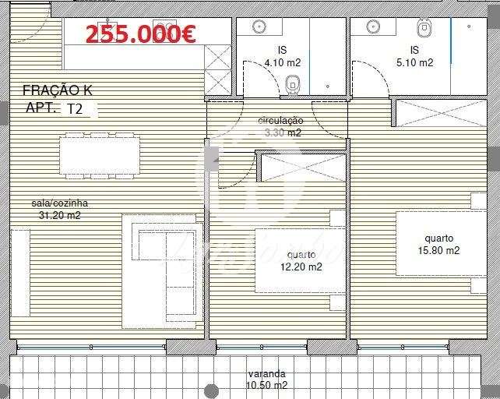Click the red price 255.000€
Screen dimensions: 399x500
pos(140,34)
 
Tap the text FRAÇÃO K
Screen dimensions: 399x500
pos(58,91)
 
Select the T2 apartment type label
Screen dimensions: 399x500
pos(76,109)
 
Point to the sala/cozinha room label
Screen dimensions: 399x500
pos(54,203)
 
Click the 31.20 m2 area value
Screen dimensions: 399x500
pos(55,215)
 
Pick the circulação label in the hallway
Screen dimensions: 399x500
pos(280,121)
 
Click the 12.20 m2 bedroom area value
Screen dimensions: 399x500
pos(301,267)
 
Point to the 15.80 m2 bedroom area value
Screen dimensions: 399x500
pos(438,250)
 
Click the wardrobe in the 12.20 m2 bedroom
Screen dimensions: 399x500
pos(301,168)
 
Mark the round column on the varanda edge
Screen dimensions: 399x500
pos(211,390)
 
